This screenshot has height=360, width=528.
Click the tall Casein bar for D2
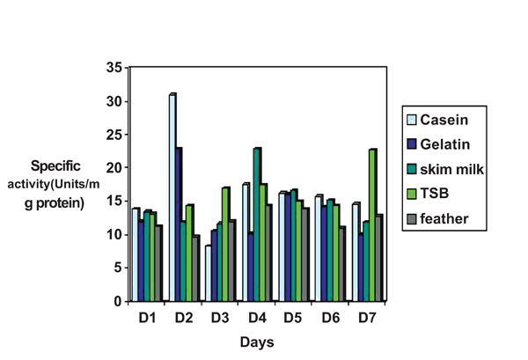tap(172, 197)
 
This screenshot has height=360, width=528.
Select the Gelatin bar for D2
tap(180, 224)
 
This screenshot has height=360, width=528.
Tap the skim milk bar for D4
tap(257, 225)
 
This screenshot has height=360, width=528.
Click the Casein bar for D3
tap(209, 274)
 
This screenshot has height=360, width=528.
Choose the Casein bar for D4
tap(246, 243)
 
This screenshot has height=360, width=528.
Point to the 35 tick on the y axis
tap(113, 68)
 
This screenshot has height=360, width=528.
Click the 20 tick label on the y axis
tap(113, 167)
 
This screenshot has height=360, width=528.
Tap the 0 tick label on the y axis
tap(117, 301)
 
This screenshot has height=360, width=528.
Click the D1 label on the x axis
tap(147, 314)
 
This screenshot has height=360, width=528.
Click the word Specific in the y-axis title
tap(57, 165)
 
